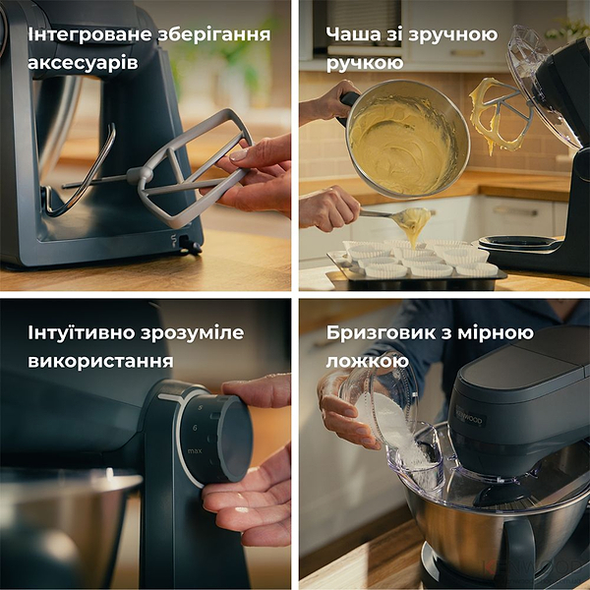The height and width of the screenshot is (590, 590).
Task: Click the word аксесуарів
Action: click(x=83, y=64)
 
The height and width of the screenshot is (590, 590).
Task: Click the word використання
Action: click(x=100, y=361)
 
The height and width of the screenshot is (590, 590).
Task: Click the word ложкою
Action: click(x=367, y=361)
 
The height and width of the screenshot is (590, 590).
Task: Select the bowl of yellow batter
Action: click(x=404, y=138)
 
